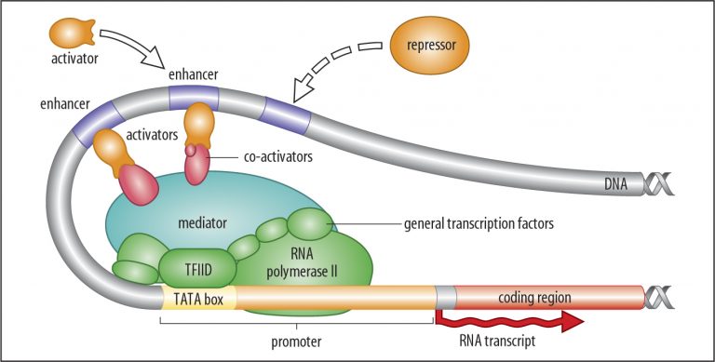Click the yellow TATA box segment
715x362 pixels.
(199, 299)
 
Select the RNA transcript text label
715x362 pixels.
(497, 342)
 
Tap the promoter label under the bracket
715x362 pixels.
(295, 342)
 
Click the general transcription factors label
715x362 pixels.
(478, 223)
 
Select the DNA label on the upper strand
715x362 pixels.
(614, 185)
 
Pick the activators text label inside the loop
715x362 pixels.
(151, 134)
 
